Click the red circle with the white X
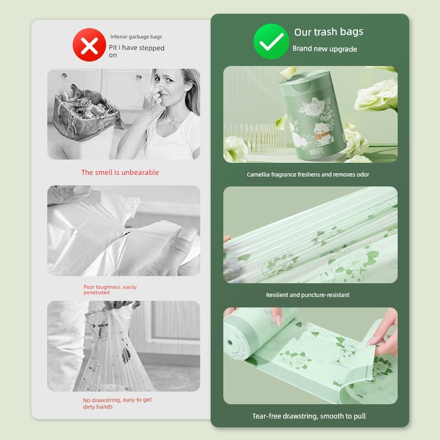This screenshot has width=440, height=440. tap(89, 45)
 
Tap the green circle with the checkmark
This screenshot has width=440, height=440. tap(271, 42)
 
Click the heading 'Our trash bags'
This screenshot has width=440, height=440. tap(328, 32)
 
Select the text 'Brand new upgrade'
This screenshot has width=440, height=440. tap(324, 49)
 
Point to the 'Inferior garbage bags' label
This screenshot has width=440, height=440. tap(136, 37)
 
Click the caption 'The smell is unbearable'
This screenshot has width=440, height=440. tap(120, 172)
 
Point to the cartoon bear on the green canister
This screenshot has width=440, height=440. tap(322, 132)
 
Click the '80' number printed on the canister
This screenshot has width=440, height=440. tap(313, 152)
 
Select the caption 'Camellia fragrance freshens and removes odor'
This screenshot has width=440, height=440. tap(308, 174)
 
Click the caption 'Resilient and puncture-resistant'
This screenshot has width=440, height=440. tap(308, 295)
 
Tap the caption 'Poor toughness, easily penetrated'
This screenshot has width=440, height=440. tap(110, 290)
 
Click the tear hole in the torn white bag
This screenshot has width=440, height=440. tap(127, 233)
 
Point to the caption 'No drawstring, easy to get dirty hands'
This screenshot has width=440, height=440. tap(117, 403)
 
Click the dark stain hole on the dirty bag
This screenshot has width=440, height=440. tap(126, 355)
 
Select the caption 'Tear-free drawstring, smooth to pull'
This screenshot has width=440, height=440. tap(309, 416)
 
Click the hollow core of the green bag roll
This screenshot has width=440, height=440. tap(230, 343)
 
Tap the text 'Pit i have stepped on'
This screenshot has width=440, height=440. tap(136, 51)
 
